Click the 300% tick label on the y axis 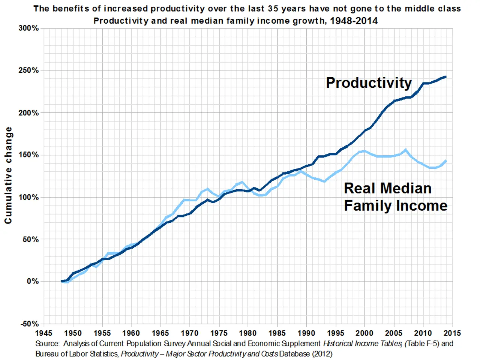pyautogui.click(x=28, y=28)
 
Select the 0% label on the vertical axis pyautogui.click(x=33, y=281)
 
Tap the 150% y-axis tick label pyautogui.click(x=28, y=155)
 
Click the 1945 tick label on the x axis pyautogui.click(x=44, y=333)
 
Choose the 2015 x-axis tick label pyautogui.click(x=452, y=333)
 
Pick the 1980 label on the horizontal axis pyautogui.click(x=248, y=333)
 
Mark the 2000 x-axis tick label pyautogui.click(x=364, y=333)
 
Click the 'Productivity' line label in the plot pyautogui.click(x=369, y=83)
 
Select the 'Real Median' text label pyautogui.click(x=387, y=188)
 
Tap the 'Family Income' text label pyautogui.click(x=396, y=205)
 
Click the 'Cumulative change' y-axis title pyautogui.click(x=8, y=175)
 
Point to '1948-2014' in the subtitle pyautogui.click(x=354, y=21)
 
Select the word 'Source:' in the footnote pyautogui.click(x=48, y=343)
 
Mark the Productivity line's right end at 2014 pyautogui.click(x=445, y=77)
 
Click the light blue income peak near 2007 pyautogui.click(x=405, y=150)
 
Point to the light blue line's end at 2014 pyautogui.click(x=445, y=161)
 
